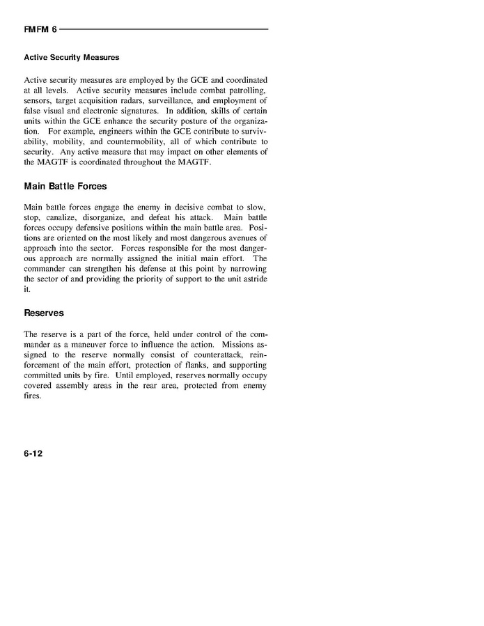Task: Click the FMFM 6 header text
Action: tap(40, 29)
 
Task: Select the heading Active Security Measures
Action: tap(72, 56)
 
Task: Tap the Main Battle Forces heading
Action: tap(65, 187)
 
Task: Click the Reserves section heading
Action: tap(44, 313)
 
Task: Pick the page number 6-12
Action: tap(33, 453)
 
